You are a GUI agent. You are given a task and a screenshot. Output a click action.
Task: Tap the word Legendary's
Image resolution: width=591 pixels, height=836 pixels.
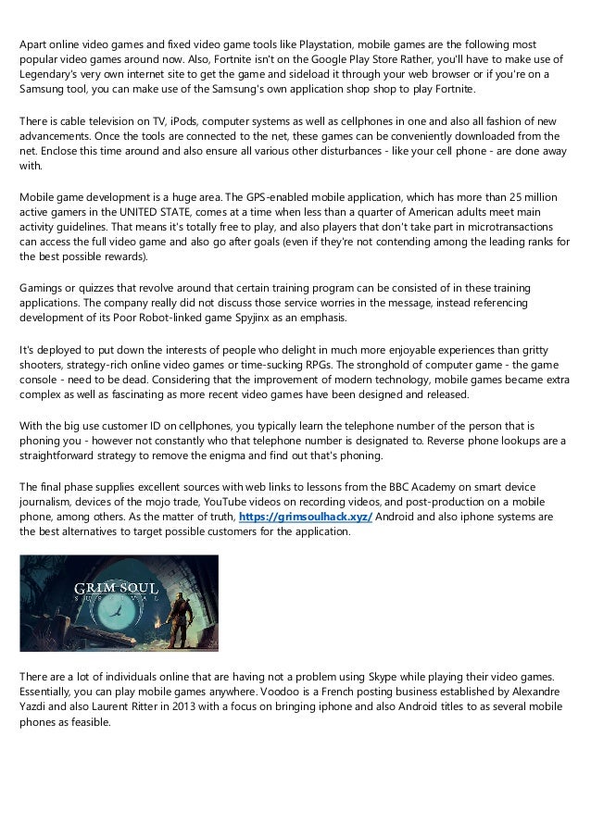coord(51,74)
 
